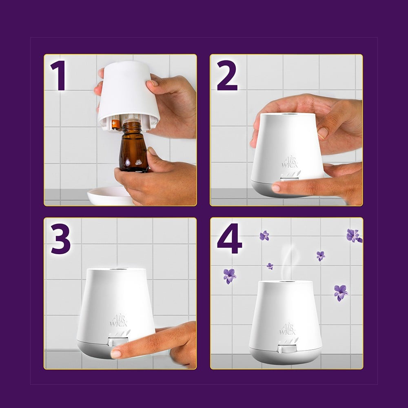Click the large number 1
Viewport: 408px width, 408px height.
pyautogui.click(x=58, y=75)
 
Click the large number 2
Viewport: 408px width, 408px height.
pyautogui.click(x=227, y=75)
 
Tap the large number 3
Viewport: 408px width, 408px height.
pyautogui.click(x=60, y=239)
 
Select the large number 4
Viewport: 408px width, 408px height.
pyautogui.click(x=229, y=239)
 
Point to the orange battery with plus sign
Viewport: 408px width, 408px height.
pyautogui.click(x=115, y=124)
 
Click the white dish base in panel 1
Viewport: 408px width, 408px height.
pyautogui.click(x=109, y=196)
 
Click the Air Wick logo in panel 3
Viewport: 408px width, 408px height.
pyautogui.click(x=118, y=321)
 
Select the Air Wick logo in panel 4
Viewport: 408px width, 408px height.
pyautogui.click(x=287, y=329)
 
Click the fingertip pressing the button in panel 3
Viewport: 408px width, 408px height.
pyautogui.click(x=116, y=354)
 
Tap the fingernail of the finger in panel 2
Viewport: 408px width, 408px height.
pyautogui.click(x=276, y=188)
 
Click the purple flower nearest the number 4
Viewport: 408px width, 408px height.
pyautogui.click(x=264, y=235)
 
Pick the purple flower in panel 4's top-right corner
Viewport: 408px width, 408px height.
pyautogui.click(x=354, y=235)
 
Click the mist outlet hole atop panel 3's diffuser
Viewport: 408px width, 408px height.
pyautogui.click(x=115, y=269)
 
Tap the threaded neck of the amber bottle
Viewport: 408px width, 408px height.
pyautogui.click(x=132, y=126)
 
